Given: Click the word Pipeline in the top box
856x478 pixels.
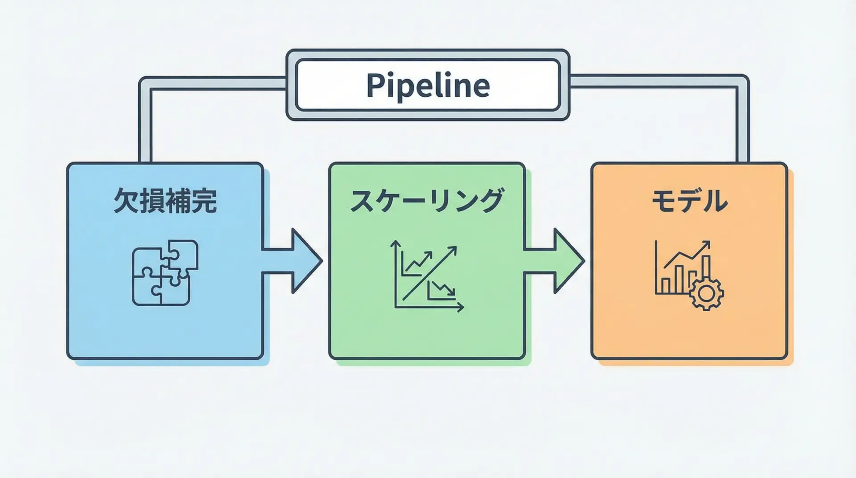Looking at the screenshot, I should tap(428, 85).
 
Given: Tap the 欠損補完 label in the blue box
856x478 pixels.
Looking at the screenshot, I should tap(165, 201).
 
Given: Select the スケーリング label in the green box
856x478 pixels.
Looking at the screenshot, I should tap(427, 201).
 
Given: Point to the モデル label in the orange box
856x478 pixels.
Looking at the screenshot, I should tap(689, 201).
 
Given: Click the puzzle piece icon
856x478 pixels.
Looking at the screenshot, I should tap(165, 272).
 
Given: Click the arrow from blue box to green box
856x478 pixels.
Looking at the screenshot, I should tap(292, 261).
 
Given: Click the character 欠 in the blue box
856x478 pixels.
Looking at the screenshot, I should tap(126, 201).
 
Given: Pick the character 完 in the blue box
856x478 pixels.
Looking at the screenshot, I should tap(204, 201).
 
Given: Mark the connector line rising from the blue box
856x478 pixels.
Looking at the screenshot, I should tap(145, 125).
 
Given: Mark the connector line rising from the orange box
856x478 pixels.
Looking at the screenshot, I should tap(742, 125).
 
